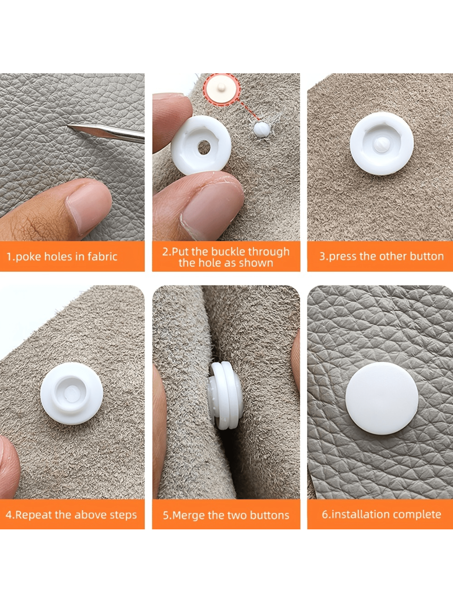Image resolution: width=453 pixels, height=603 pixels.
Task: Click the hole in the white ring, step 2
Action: [204, 147]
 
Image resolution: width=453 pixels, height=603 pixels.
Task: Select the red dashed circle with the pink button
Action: [221, 89]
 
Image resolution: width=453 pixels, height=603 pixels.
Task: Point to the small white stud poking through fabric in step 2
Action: [261, 129]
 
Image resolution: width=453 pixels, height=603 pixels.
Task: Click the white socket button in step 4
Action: [72, 393]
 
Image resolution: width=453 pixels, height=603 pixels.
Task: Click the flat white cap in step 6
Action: [382, 398]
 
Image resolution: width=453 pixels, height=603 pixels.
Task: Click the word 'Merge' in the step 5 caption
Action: [189, 515]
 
